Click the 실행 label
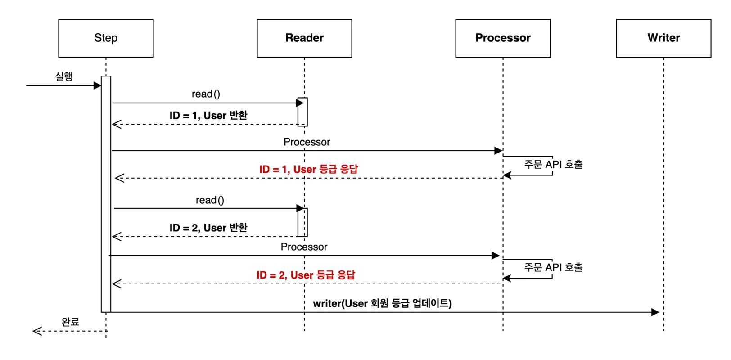(x=63, y=76)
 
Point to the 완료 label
(x=70, y=322)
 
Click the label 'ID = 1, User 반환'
(x=208, y=116)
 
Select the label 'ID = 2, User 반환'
(x=208, y=228)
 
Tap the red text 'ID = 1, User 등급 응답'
(x=308, y=169)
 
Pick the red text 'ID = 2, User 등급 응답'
(x=306, y=275)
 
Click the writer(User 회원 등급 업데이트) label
(x=382, y=304)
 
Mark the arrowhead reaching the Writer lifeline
(x=655, y=312)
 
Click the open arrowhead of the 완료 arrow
(x=37, y=331)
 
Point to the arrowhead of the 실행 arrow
(x=97, y=85)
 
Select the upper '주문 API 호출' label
(x=553, y=164)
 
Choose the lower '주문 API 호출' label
(x=553, y=267)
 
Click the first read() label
(x=206, y=94)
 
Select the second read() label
(x=210, y=200)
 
